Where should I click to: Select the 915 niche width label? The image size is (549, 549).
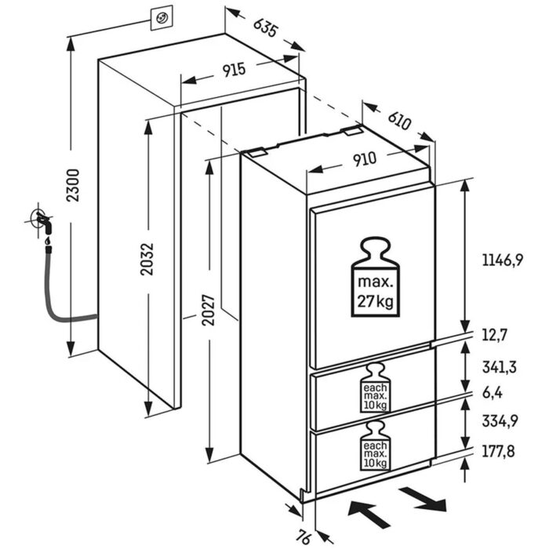coord(234,70)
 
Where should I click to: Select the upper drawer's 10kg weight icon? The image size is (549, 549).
coord(374,390)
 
